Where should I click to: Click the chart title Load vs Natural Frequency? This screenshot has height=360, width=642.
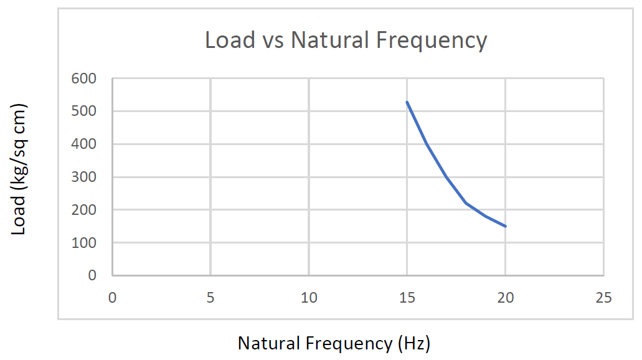pyautogui.click(x=346, y=40)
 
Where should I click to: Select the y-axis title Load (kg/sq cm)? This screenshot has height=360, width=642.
pyautogui.click(x=19, y=169)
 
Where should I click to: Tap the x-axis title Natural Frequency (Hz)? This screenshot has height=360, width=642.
pyautogui.click(x=334, y=343)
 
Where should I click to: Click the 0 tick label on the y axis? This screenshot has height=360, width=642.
pyautogui.click(x=93, y=275)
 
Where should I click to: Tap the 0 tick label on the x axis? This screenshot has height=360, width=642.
pyautogui.click(x=112, y=298)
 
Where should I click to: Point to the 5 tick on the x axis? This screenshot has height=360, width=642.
pyautogui.click(x=210, y=298)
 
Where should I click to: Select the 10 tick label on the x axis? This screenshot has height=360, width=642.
pyautogui.click(x=309, y=298)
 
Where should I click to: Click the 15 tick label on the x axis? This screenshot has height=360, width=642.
pyautogui.click(x=407, y=298)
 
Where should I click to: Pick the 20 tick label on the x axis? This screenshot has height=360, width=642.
pyautogui.click(x=506, y=298)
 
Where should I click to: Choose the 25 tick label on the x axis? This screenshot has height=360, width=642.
pyautogui.click(x=603, y=298)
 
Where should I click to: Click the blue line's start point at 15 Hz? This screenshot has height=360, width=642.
pyautogui.click(x=407, y=102)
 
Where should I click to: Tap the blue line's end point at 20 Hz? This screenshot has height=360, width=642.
pyautogui.click(x=506, y=226)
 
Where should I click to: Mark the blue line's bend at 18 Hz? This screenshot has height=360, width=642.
pyautogui.click(x=466, y=203)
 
